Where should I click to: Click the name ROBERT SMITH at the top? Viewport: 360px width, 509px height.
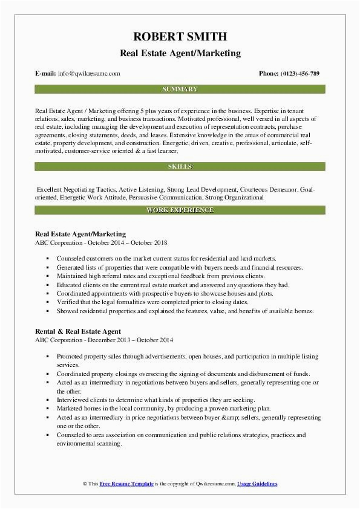[180, 36]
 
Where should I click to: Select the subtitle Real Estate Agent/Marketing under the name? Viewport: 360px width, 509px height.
[180, 53]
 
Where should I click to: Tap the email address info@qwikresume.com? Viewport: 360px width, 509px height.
[89, 74]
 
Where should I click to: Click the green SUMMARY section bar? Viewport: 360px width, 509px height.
[180, 89]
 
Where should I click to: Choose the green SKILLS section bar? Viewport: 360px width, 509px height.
[180, 166]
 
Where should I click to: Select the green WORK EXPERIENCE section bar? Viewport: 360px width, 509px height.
[180, 210]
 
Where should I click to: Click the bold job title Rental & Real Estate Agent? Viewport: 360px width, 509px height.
[78, 331]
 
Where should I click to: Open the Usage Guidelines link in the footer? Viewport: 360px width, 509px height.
[257, 484]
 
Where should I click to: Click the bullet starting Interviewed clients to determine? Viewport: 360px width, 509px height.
[156, 400]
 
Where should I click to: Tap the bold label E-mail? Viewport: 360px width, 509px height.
[46, 74]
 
